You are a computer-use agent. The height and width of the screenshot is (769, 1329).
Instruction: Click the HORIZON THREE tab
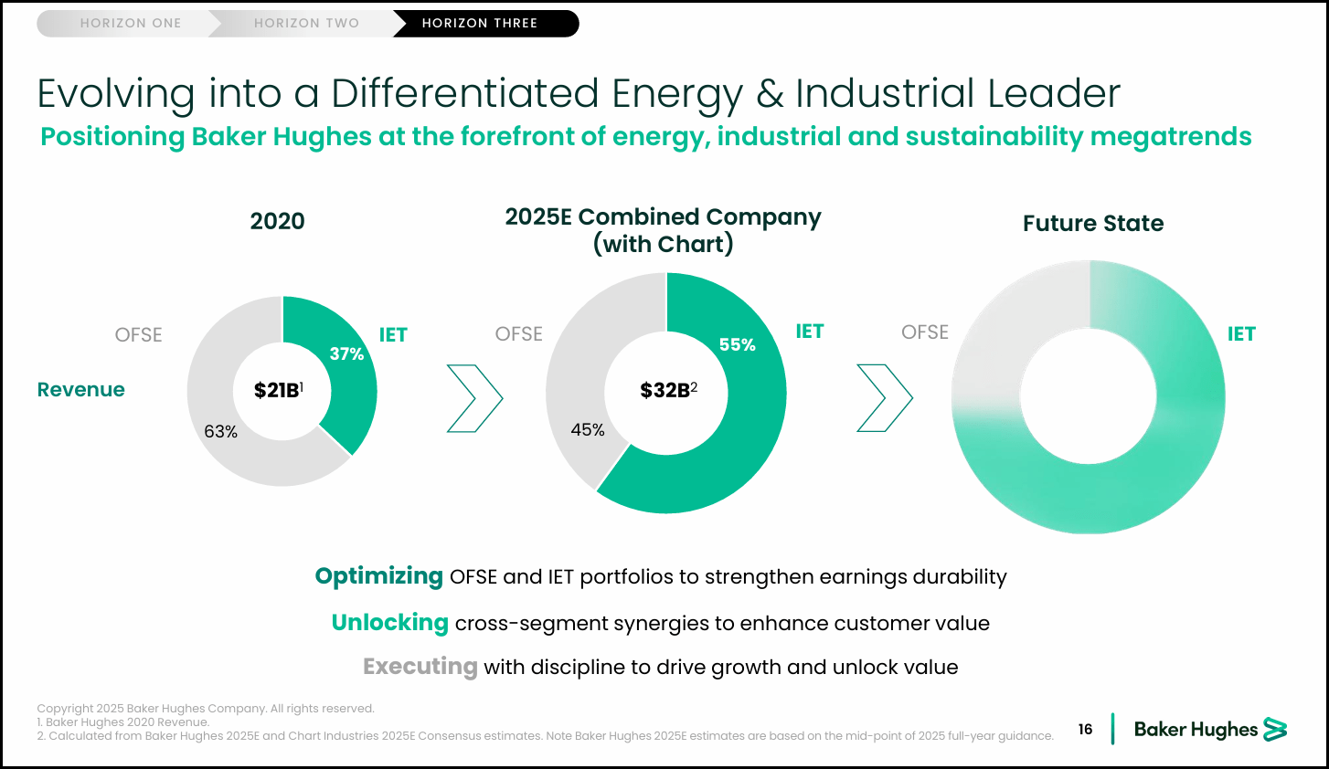[480, 23]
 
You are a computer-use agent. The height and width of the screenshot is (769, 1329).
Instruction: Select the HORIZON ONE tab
[131, 23]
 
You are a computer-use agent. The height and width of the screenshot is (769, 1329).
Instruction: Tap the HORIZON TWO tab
[306, 23]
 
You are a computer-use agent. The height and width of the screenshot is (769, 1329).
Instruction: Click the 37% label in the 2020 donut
[346, 353]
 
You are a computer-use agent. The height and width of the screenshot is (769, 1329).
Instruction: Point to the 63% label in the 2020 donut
[220, 431]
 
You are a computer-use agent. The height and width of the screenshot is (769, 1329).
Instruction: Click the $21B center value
[278, 390]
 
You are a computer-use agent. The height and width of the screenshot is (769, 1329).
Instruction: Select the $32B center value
[667, 390]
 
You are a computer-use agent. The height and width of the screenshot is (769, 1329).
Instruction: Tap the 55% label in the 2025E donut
[737, 344]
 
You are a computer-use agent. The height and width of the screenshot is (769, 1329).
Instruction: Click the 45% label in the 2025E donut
[588, 429]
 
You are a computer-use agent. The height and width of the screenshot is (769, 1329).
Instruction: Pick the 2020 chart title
[277, 221]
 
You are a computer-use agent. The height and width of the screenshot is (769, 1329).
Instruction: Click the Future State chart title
[1092, 223]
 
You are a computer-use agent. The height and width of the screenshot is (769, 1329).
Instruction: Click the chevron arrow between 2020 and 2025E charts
[474, 398]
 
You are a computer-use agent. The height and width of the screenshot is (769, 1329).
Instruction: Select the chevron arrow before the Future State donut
[884, 398]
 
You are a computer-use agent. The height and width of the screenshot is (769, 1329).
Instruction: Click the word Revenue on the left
[80, 389]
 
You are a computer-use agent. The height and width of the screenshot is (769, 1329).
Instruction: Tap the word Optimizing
[378, 576]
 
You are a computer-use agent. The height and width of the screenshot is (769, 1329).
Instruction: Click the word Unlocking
[389, 623]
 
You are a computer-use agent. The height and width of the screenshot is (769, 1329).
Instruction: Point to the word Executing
[420, 667]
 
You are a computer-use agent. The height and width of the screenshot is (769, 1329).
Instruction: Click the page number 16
[1085, 729]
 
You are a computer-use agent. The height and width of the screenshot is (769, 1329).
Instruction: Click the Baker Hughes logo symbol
[1275, 729]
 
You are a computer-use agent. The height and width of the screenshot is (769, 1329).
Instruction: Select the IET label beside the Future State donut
[1240, 333]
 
